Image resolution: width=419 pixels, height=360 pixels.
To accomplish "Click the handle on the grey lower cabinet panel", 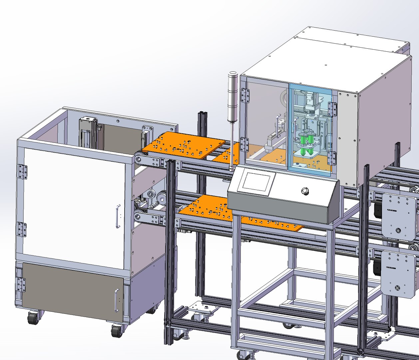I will click(117, 300).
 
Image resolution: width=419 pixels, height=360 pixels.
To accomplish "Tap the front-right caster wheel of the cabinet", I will click(117, 331).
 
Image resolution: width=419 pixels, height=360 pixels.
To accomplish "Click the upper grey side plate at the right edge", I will click(398, 215).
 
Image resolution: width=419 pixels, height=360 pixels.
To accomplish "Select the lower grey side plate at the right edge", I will click(398, 273).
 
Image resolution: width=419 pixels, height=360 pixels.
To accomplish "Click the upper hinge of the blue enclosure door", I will click(332, 109).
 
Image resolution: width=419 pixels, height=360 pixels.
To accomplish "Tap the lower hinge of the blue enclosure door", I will click(332, 158).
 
